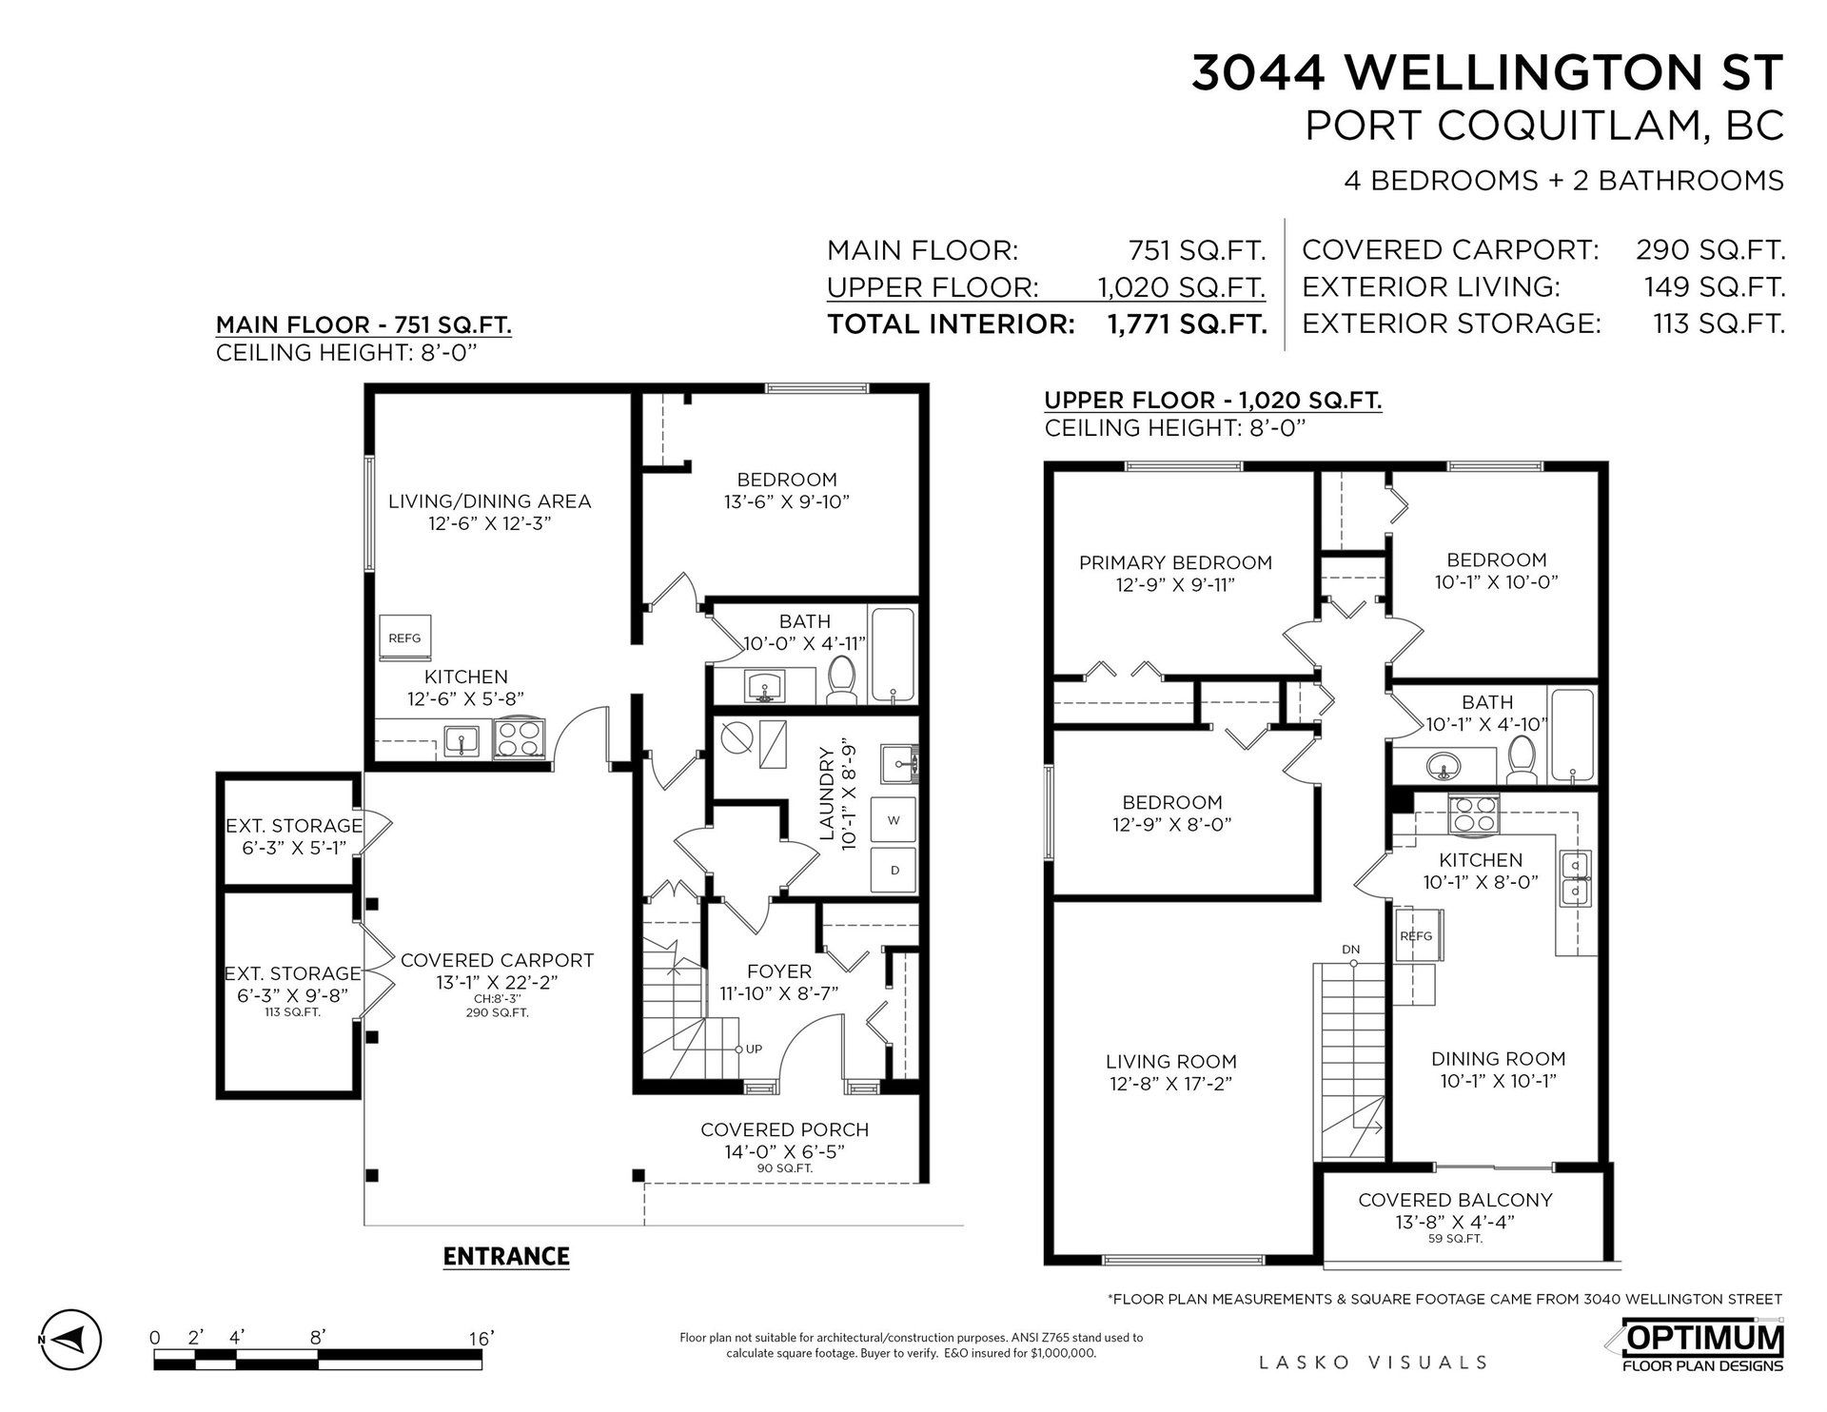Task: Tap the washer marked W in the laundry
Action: click(x=894, y=820)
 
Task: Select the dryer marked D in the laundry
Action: click(x=894, y=870)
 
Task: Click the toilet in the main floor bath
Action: click(x=841, y=679)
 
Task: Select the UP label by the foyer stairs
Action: click(x=754, y=1049)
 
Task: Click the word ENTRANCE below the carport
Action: click(x=506, y=1256)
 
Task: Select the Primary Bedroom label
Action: click(x=1175, y=562)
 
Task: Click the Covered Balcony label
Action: click(x=1455, y=1200)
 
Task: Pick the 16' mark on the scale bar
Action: click(x=481, y=1339)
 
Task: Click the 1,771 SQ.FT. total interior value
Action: click(x=1187, y=324)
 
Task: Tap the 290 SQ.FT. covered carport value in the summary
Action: click(x=1710, y=250)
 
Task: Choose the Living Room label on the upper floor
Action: click(x=1171, y=1061)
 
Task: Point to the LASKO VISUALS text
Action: click(x=1373, y=1363)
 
